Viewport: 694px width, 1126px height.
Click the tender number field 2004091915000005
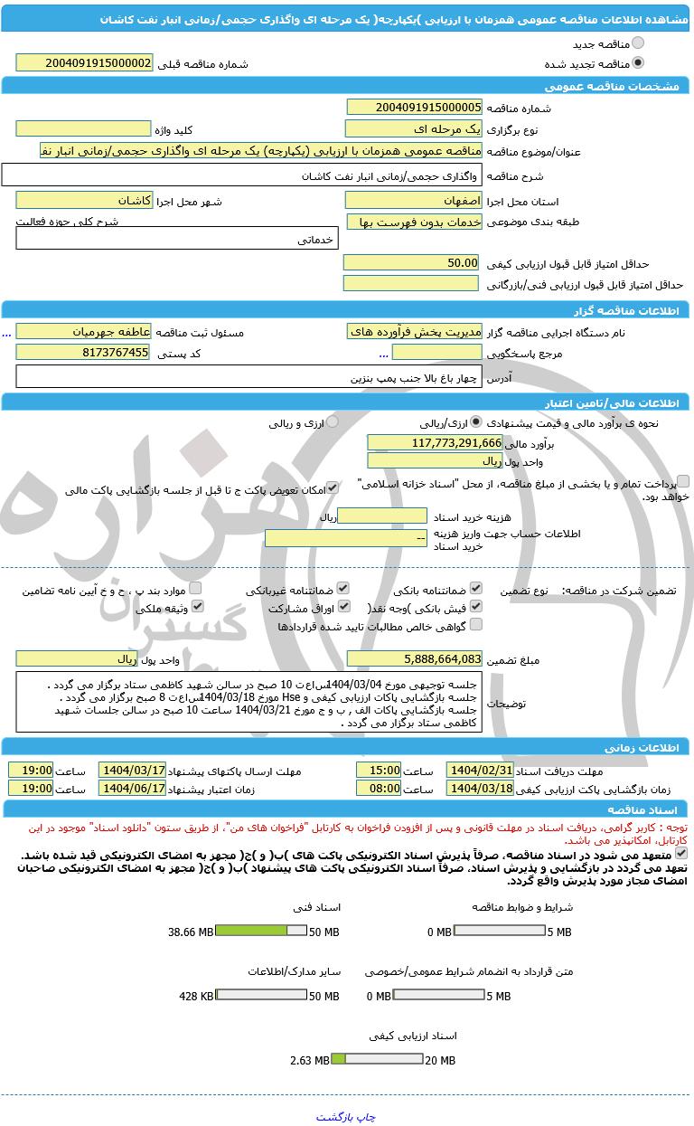414,108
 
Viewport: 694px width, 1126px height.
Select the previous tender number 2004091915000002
85,62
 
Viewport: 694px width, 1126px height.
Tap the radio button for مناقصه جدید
638,43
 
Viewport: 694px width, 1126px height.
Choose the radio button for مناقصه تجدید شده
638,63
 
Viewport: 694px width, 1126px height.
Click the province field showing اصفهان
414,200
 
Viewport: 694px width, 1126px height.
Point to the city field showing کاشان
85,200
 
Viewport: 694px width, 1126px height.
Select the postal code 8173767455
85,352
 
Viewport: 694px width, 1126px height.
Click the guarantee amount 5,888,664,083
414,658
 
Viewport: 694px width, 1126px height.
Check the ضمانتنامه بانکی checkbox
476,588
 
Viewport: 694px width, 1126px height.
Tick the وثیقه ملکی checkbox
196,607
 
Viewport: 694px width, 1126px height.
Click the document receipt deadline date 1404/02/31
480,770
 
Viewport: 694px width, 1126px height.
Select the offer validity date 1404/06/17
132,788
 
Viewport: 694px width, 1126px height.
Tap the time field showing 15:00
379,770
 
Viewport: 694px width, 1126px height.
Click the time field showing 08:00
379,788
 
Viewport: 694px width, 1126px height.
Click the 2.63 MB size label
309,1060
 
